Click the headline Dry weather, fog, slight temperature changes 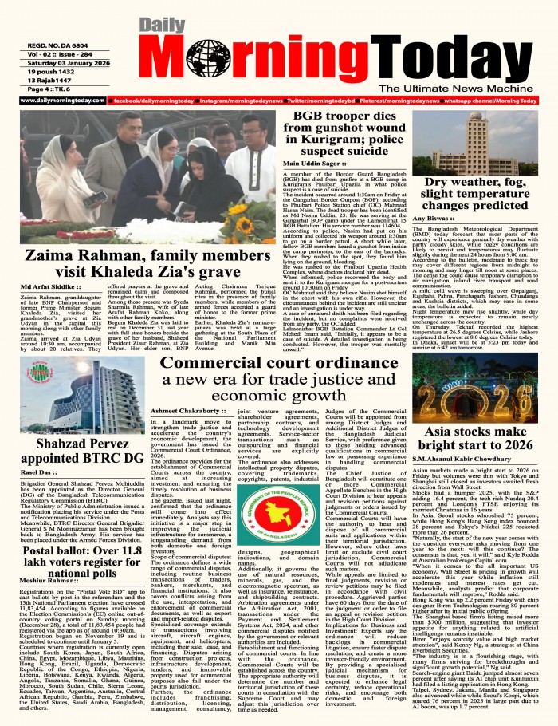485,192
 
